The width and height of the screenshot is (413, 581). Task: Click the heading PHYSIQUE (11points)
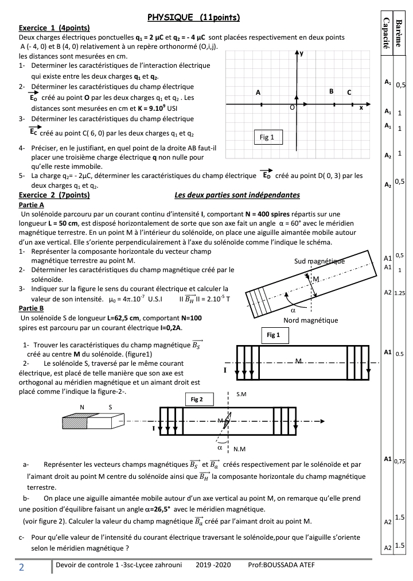click(x=193, y=18)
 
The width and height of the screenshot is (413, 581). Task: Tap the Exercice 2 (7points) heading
click(x=54, y=195)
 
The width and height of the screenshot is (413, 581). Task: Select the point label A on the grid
click(x=258, y=92)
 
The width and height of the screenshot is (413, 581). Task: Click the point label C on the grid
click(x=349, y=92)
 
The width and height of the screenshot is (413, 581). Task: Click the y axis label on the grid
click(x=302, y=53)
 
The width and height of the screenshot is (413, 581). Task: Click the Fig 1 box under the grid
click(x=267, y=137)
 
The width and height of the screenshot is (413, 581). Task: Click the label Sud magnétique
click(x=320, y=261)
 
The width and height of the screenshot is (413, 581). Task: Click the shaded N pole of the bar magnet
click(x=75, y=423)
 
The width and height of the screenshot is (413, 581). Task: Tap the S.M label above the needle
click(x=241, y=395)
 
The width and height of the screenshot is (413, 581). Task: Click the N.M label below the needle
click(x=240, y=448)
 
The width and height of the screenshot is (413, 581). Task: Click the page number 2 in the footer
click(x=21, y=568)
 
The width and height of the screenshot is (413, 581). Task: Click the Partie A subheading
click(x=32, y=204)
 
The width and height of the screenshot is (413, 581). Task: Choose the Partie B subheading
click(x=32, y=308)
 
